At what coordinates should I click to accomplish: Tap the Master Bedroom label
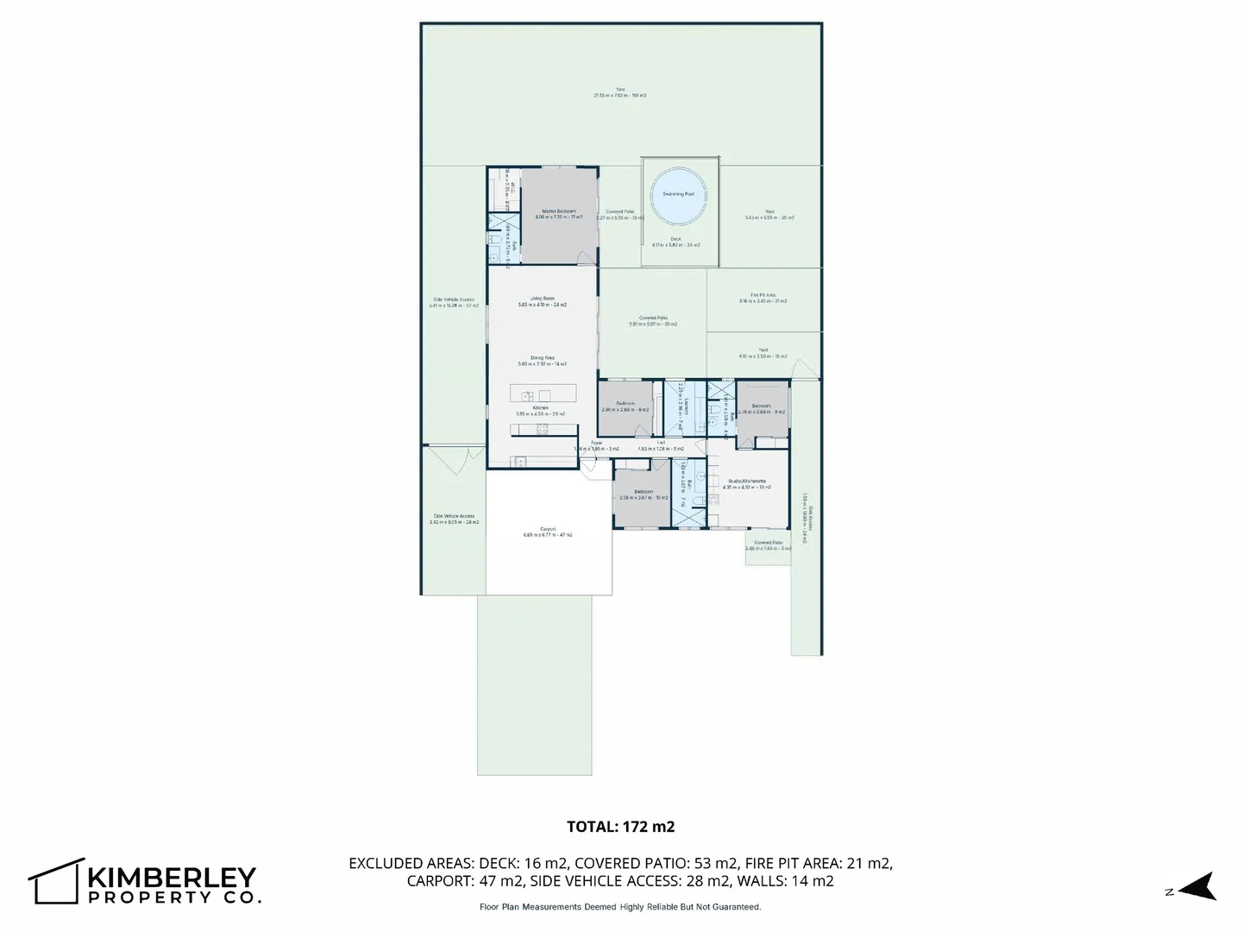(558, 211)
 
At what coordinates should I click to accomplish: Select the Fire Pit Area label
(763, 295)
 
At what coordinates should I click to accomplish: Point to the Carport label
(548, 529)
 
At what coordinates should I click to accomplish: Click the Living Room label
(542, 299)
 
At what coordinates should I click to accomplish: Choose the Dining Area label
(542, 357)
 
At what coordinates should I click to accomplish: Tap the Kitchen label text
(540, 407)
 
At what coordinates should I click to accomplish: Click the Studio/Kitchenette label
(747, 481)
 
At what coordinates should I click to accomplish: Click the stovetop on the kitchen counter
(542, 429)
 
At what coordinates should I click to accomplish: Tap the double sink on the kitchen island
(527, 396)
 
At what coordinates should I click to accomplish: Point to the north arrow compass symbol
(1196, 887)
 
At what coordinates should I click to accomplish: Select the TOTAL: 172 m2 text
(620, 827)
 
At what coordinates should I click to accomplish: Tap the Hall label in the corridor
(661, 442)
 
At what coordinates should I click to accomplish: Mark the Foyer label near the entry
(596, 443)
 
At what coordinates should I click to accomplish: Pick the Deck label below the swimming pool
(675, 239)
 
